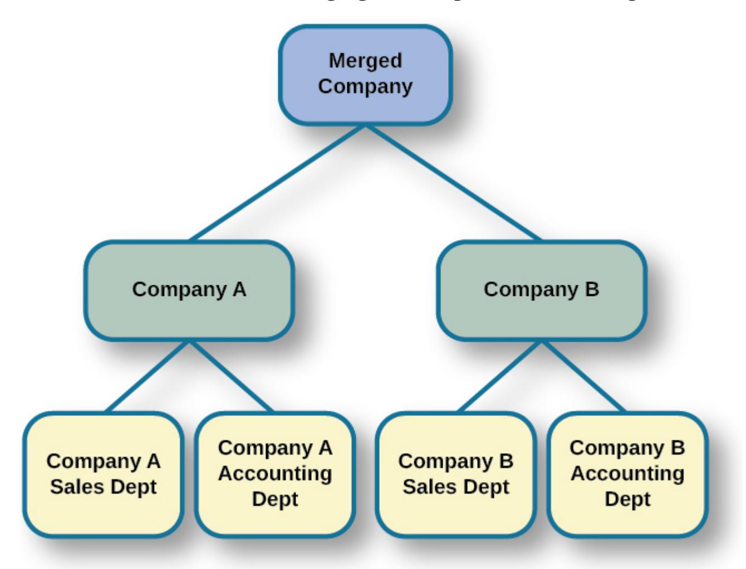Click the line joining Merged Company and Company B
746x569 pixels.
point(453,183)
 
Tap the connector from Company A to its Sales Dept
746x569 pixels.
point(148,377)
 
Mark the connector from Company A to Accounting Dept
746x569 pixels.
point(231,377)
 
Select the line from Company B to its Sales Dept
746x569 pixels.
point(499,377)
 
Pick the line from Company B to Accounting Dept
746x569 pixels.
point(583,377)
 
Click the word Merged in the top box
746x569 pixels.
point(365,60)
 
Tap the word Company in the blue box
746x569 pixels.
point(365,86)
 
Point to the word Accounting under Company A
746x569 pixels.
point(275,474)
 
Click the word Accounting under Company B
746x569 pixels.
point(627,474)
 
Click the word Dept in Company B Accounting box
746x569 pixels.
point(627,499)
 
